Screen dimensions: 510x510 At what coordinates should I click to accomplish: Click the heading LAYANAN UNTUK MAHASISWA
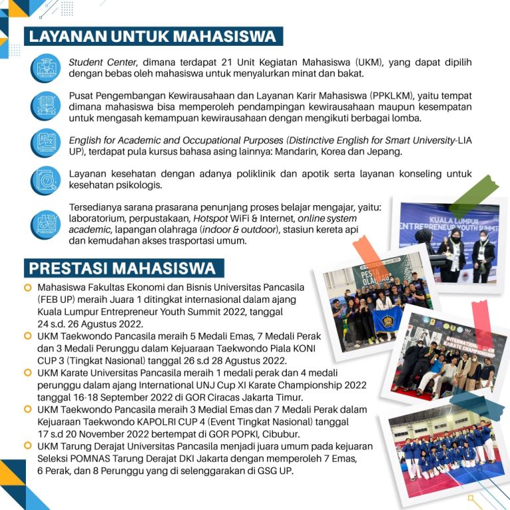pyautogui.click(x=152, y=36)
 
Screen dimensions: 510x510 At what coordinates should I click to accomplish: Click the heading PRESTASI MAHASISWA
pyautogui.click(x=122, y=268)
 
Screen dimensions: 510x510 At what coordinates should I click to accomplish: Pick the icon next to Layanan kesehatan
pyautogui.click(x=46, y=180)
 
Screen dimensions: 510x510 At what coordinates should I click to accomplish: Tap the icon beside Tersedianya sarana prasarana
pyautogui.click(x=46, y=224)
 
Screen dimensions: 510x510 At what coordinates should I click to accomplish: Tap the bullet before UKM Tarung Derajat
pyautogui.click(x=28, y=446)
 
